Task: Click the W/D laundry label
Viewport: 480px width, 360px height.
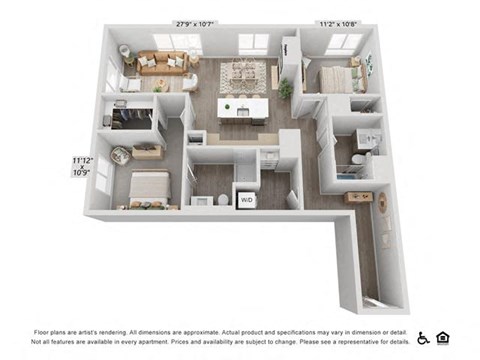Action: point(246,200)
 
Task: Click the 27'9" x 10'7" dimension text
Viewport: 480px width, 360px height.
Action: point(195,23)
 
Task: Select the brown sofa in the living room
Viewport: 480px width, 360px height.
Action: point(161,62)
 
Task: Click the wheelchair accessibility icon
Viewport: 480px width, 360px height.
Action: point(423,337)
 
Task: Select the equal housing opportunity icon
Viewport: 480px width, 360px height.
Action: point(443,337)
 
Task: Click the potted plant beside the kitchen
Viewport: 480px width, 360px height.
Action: point(286,89)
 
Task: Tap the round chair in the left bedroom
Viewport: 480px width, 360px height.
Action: point(121,155)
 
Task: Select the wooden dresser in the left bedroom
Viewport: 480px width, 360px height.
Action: point(147,152)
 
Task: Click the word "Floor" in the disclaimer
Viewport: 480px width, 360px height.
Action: point(44,331)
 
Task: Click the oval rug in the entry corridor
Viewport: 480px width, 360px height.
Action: point(382,204)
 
